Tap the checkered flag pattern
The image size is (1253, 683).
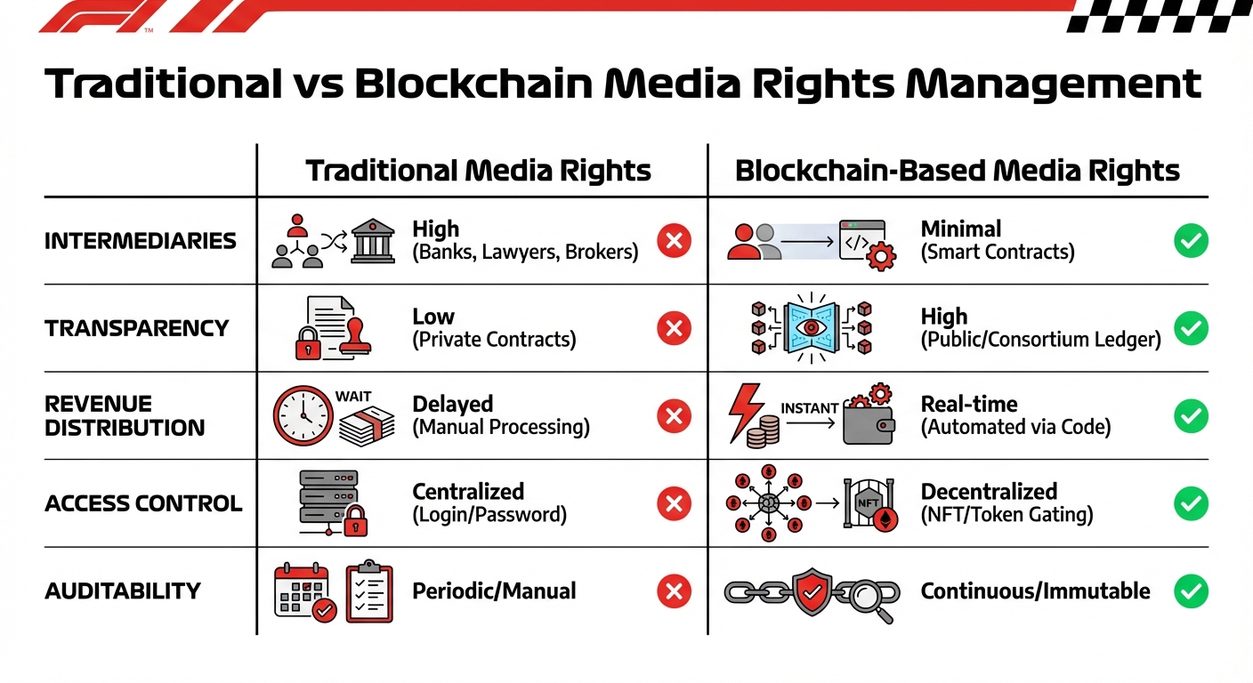coord(1157,16)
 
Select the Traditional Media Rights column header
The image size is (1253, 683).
coord(479,171)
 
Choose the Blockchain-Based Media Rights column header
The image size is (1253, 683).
coord(958,171)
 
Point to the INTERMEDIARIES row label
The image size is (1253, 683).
coord(141,241)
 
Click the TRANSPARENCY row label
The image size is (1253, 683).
coord(137,328)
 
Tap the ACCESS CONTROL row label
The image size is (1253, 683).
coord(143,503)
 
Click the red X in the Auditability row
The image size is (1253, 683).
coord(674,591)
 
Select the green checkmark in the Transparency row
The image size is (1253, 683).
coord(1191,328)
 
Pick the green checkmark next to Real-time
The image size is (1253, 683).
coord(1191,416)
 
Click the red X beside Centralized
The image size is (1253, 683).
coord(674,503)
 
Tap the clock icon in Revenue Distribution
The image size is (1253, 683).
coord(303,415)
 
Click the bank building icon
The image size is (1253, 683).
coord(372,241)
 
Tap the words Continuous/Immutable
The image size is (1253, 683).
coord(1035,591)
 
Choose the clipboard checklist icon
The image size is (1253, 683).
coord(368,590)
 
